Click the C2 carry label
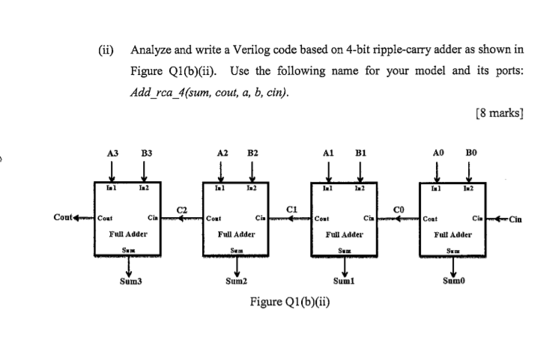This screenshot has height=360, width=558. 181,207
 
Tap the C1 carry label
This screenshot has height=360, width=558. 291,207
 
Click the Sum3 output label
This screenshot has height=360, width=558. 130,284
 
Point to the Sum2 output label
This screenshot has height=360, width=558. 236,284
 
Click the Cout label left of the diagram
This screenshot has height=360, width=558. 64,218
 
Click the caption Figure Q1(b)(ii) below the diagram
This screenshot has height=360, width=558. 290,303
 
